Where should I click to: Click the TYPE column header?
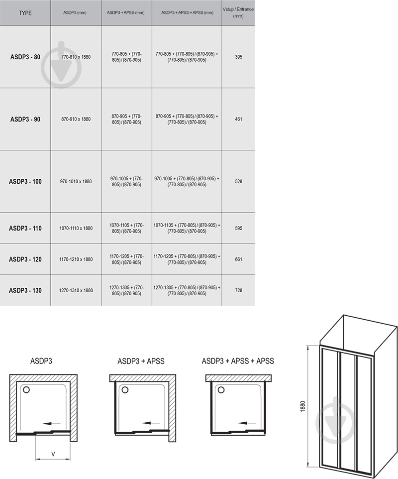click(25, 13)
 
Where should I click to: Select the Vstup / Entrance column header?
click(238, 12)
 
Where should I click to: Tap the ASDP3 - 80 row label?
click(25, 57)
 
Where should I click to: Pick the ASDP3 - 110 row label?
click(25, 228)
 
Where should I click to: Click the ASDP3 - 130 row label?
click(25, 290)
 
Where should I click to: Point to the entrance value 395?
click(238, 57)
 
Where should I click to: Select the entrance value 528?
click(238, 181)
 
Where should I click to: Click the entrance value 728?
click(238, 290)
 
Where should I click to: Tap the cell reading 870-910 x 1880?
click(76, 119)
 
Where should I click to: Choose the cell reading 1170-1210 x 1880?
click(76, 259)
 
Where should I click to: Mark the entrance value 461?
click(238, 119)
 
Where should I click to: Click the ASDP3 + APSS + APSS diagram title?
click(238, 361)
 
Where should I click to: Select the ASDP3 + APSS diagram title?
click(141, 361)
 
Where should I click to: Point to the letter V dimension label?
click(53, 454)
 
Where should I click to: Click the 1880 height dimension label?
click(303, 406)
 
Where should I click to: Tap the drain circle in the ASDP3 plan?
click(26, 390)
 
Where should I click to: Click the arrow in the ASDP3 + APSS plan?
click(151, 423)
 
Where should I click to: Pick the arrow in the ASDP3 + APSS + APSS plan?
click(247, 423)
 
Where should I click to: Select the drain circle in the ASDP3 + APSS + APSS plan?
click(221, 390)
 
